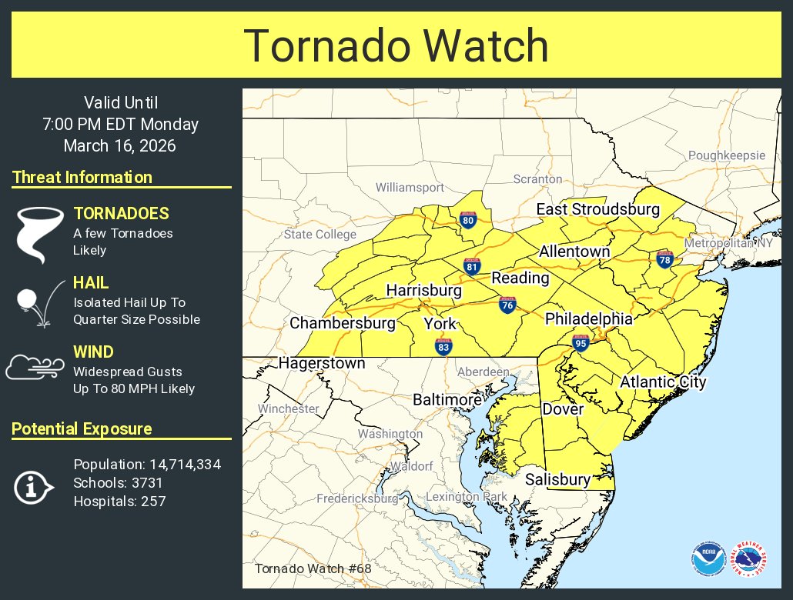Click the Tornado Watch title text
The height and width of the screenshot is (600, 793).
point(396,46)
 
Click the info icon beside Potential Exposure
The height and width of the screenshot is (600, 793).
point(33,485)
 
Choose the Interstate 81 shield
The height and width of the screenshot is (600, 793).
point(472,267)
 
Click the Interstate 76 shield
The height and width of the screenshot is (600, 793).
point(507,305)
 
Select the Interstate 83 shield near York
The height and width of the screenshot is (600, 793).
point(443,346)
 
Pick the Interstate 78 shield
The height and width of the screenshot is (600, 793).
point(665,260)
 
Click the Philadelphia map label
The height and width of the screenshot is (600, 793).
point(589,318)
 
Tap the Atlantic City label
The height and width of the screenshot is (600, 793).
point(663,382)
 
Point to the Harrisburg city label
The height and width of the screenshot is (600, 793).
point(423,291)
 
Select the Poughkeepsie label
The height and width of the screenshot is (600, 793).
point(727,155)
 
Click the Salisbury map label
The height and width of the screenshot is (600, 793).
point(557,479)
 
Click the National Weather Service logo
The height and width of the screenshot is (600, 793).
point(751,558)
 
